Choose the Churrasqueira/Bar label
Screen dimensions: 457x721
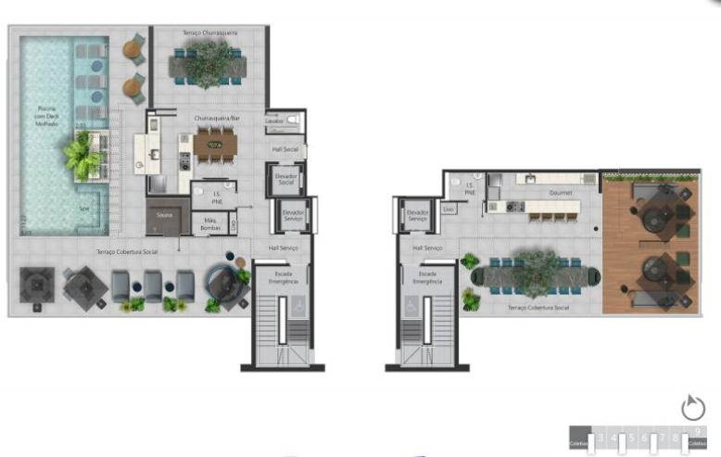click(x=216, y=119)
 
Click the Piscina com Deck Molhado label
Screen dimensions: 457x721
click(x=46, y=116)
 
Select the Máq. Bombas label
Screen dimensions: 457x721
click(x=210, y=223)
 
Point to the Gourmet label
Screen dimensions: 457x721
click(x=560, y=193)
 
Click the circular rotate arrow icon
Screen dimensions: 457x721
click(x=692, y=407)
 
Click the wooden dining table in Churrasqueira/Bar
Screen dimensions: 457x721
click(x=215, y=145)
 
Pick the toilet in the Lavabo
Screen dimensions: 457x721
click(x=294, y=121)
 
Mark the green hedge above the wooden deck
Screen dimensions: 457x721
click(x=649, y=174)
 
